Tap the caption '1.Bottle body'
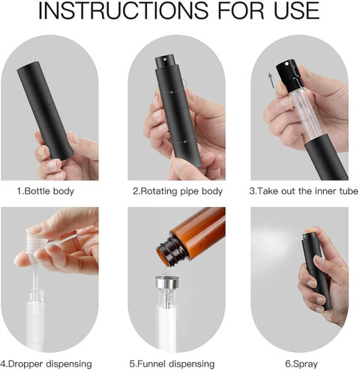(46, 191)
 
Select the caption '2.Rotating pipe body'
(178, 191)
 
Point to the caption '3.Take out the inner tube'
(304, 191)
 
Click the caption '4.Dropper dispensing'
(46, 364)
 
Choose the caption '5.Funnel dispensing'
(172, 364)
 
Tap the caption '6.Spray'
(301, 364)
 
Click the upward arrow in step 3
(271, 80)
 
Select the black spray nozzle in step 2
(164, 63)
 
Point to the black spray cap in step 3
(288, 74)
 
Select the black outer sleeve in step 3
(325, 157)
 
